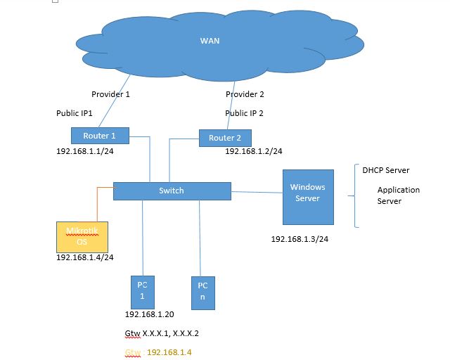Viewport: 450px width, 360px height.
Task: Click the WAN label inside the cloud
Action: tap(210, 41)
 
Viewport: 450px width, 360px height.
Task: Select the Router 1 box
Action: tap(96, 136)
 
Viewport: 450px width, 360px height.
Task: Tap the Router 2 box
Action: tap(225, 139)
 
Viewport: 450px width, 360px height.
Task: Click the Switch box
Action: tap(172, 191)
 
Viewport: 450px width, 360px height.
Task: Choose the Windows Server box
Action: tap(307, 193)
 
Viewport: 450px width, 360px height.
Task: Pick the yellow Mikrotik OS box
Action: tap(82, 237)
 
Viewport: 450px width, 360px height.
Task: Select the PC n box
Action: tap(202, 292)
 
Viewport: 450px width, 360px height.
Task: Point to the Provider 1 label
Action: tap(110, 94)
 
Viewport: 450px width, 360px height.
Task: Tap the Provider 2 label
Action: tap(245, 94)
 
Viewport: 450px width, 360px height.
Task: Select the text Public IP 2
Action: tap(244, 112)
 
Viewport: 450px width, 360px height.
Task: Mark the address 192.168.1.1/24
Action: tap(85, 151)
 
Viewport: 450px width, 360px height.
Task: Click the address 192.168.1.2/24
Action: tap(254, 151)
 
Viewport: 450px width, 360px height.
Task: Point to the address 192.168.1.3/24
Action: tap(300, 239)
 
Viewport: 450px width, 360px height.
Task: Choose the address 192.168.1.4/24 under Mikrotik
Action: tap(85, 258)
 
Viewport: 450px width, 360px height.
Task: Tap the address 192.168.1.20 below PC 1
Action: tap(149, 314)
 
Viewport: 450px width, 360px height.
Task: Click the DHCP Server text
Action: tap(385, 170)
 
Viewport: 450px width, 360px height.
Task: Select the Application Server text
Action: tap(398, 195)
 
